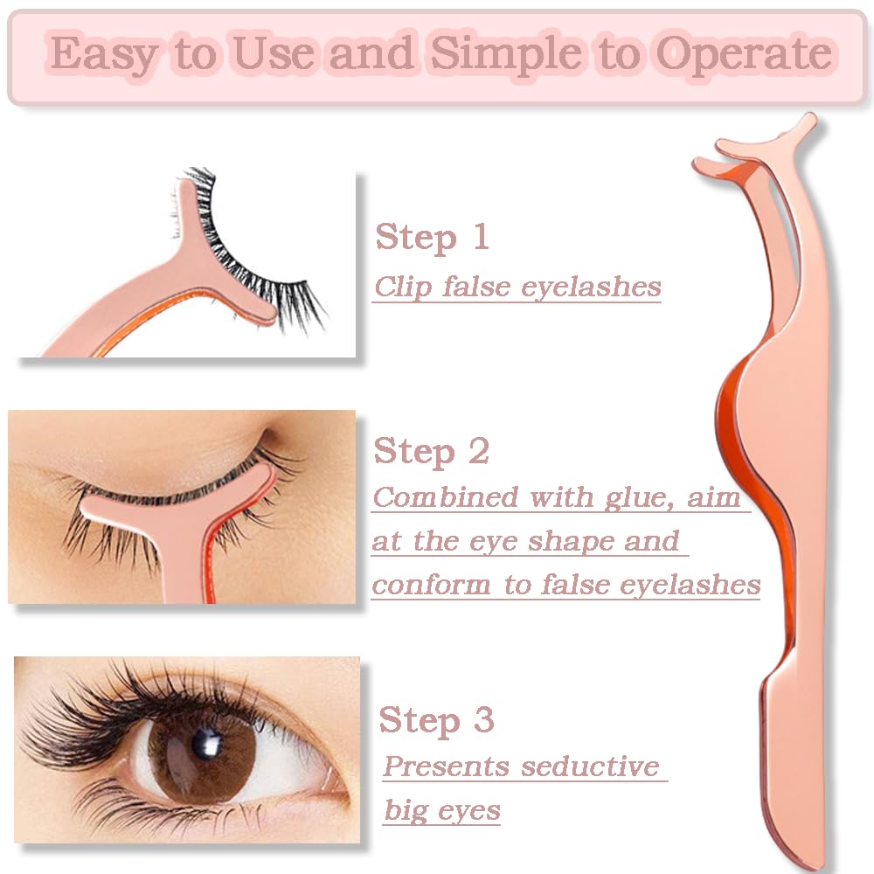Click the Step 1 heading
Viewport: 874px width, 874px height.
433,238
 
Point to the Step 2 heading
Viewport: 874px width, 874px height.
432,452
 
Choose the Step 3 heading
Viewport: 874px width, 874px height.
436,720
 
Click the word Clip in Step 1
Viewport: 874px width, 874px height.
403,288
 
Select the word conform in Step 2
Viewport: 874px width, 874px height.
432,586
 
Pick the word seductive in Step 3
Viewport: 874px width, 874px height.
590,766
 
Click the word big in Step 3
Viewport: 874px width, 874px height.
406,811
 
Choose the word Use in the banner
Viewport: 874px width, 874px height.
273,54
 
